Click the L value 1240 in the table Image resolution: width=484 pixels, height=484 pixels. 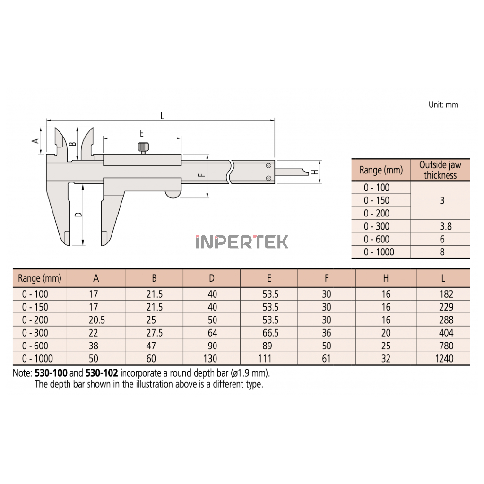[x=444, y=358]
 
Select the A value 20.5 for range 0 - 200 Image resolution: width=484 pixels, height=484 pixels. [x=96, y=320]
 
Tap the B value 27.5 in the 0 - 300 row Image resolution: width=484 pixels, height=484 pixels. [x=155, y=333]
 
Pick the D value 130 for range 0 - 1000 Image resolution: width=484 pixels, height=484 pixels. [x=210, y=358]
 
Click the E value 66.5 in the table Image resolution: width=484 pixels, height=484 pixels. [x=270, y=333]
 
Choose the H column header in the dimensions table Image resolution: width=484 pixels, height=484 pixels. [x=386, y=278]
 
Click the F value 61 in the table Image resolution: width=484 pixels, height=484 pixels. [x=326, y=358]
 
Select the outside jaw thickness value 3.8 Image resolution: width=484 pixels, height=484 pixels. [x=446, y=226]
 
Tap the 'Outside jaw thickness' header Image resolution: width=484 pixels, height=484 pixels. [x=440, y=170]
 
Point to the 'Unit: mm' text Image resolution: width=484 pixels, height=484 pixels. [x=443, y=104]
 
